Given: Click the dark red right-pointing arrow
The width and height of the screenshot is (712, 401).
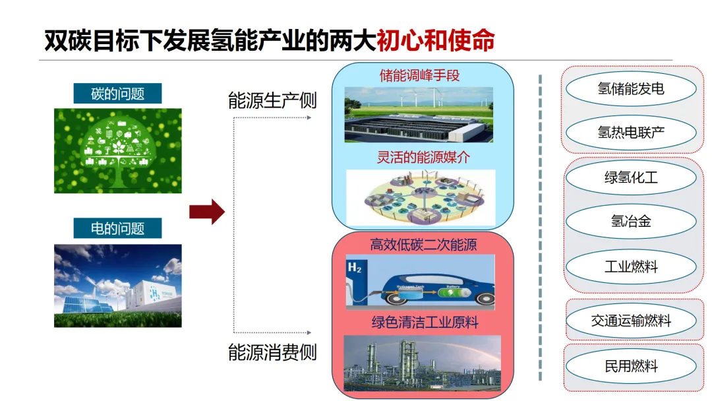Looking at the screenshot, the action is (x=207, y=212).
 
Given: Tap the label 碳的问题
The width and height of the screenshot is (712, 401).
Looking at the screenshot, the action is (x=117, y=94).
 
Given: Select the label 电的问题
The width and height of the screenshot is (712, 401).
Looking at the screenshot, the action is (x=117, y=229).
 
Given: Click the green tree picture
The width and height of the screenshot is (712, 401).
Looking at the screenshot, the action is (x=117, y=150).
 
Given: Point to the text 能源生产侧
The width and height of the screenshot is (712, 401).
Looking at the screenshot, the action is (x=272, y=101).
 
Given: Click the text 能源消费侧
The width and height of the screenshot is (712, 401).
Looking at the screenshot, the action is (x=272, y=352).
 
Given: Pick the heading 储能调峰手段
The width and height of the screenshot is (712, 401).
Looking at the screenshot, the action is (x=419, y=75).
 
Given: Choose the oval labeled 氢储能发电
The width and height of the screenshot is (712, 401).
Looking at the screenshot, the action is (x=631, y=88).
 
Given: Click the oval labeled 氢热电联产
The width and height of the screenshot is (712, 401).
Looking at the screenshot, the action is (x=631, y=133).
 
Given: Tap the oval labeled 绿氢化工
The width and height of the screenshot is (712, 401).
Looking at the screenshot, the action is (x=631, y=177).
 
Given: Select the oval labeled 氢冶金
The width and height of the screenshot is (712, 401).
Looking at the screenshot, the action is (x=631, y=222).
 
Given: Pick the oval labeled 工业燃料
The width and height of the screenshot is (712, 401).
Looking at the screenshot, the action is (x=631, y=267).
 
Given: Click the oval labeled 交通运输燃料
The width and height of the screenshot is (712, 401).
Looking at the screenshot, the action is (x=631, y=321).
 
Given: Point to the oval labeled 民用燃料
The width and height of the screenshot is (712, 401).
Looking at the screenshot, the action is (x=631, y=366).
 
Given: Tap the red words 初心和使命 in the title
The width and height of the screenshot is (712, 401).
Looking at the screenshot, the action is (x=435, y=41).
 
